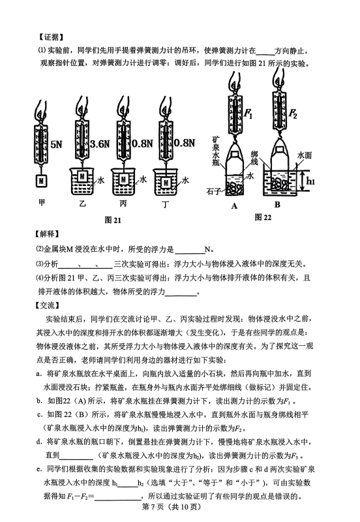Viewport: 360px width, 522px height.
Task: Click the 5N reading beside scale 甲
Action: pyautogui.click(x=56, y=144)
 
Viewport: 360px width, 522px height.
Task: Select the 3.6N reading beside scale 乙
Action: pyautogui.click(x=100, y=144)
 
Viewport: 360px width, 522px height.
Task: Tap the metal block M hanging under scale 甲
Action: pyautogui.click(x=41, y=181)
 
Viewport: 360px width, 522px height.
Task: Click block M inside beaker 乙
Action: pyautogui.click(x=82, y=176)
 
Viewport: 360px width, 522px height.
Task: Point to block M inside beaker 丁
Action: pyautogui.click(x=166, y=183)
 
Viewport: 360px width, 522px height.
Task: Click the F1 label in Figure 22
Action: pyautogui.click(x=248, y=114)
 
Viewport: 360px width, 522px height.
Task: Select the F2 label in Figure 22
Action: pyautogui.click(x=292, y=114)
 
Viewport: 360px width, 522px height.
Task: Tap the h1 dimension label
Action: pyautogui.click(x=310, y=181)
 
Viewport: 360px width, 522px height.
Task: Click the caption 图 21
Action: pyautogui.click(x=113, y=220)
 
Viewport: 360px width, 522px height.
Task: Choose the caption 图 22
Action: pyautogui.click(x=263, y=217)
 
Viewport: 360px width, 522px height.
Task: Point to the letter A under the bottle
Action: pyautogui.click(x=234, y=206)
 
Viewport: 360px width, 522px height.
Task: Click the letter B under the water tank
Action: pyautogui.click(x=277, y=204)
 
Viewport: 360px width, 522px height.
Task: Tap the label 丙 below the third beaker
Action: pyautogui.click(x=123, y=203)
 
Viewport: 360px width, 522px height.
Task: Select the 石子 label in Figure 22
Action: pyautogui.click(x=214, y=191)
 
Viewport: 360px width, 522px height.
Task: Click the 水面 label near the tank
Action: pyautogui.click(x=305, y=155)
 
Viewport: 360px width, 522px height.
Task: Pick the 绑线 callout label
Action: pyautogui.click(x=254, y=159)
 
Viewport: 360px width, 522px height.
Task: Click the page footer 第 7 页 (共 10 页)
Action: pyautogui.click(x=172, y=507)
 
